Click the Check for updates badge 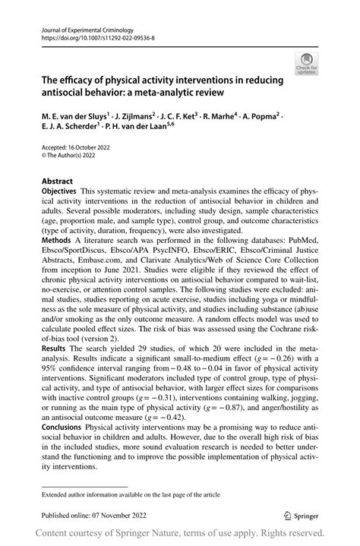308,62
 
